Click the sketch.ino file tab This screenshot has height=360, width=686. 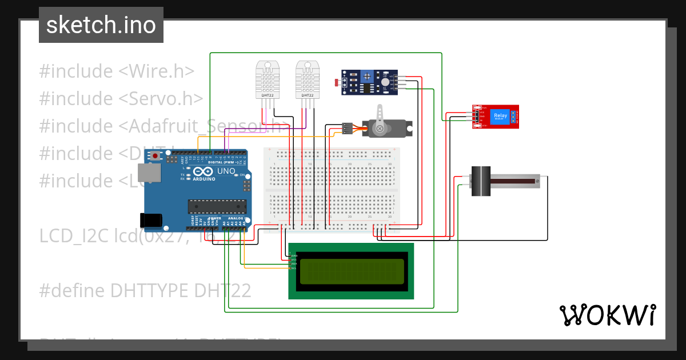tap(101, 25)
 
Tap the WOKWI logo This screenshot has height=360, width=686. tap(607, 315)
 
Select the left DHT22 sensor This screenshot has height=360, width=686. tap(268, 79)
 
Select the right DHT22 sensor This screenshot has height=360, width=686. tap(308, 79)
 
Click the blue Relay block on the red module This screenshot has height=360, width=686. tap(500, 117)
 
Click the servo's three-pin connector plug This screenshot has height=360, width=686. tap(346, 129)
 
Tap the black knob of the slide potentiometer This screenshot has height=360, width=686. tap(481, 181)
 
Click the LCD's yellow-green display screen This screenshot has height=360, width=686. tap(350, 271)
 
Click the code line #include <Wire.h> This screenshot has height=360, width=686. tap(117, 71)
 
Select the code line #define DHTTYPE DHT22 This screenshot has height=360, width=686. tap(145, 291)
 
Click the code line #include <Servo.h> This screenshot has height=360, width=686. tap(121, 98)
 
